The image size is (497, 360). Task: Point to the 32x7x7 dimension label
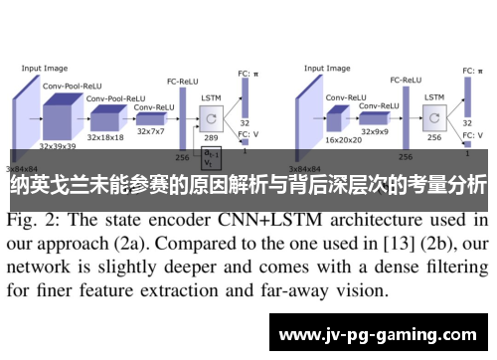click(151, 130)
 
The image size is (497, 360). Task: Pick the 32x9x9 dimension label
click(377, 130)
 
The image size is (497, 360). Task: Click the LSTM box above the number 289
click(211, 118)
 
